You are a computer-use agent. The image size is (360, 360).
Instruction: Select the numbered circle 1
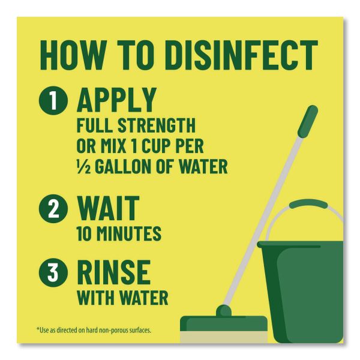(x=53, y=101)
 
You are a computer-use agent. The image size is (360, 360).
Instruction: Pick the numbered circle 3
(x=53, y=273)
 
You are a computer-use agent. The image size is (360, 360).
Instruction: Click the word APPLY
(x=117, y=100)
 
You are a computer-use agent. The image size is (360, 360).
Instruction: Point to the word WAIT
(x=108, y=208)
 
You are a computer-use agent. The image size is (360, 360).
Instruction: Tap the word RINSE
(x=114, y=272)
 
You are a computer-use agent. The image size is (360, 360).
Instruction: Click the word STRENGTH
(x=157, y=125)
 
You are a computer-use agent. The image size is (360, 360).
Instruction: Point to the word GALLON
(x=124, y=167)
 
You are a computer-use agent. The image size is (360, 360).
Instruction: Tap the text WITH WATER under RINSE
(x=122, y=298)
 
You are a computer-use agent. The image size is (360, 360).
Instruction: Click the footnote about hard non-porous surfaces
(x=94, y=331)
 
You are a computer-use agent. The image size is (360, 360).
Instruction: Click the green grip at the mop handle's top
(x=308, y=121)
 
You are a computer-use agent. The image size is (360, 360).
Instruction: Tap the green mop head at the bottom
(x=224, y=323)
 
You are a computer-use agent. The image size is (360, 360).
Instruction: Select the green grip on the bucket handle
(x=308, y=204)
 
